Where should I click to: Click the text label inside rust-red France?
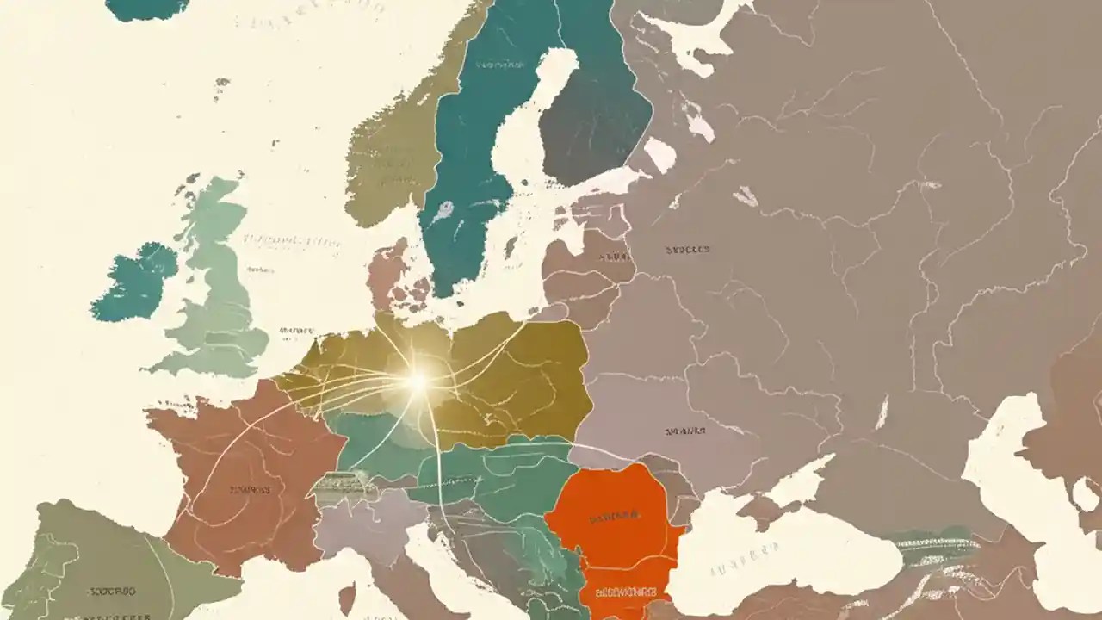251,490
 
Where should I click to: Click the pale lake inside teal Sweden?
445,211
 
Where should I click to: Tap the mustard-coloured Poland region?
525,370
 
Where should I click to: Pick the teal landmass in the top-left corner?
146,7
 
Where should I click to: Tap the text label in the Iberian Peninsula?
112,592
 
